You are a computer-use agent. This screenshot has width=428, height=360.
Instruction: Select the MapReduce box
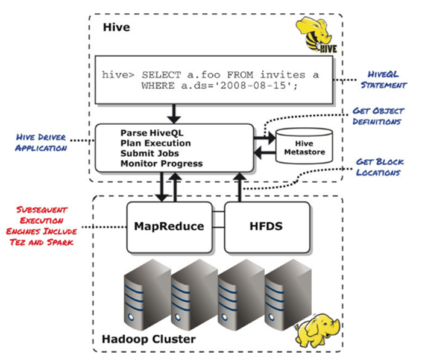coord(169,227)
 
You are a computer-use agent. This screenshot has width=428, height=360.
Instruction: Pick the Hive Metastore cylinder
coord(303,146)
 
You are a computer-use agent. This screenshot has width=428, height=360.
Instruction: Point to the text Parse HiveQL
coord(147,133)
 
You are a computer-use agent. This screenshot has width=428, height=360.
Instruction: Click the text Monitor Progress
coord(161,163)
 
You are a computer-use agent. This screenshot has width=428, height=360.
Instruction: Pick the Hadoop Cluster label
coord(149,339)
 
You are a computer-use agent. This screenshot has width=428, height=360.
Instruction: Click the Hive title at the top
coord(116,28)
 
